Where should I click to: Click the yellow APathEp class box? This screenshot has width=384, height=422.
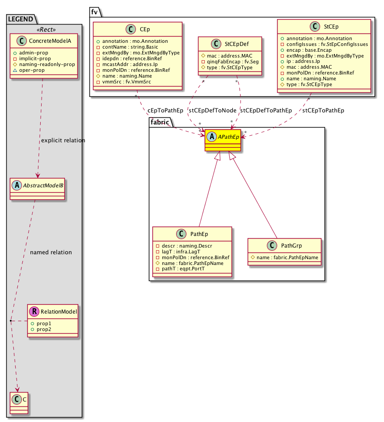pyautogui.click(x=223, y=140)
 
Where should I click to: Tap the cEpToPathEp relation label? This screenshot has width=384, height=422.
pyautogui.click(x=165, y=111)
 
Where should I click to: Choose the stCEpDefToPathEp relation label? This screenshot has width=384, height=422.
pyautogui.click(x=266, y=111)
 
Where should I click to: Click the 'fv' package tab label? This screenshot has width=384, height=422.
pyautogui.click(x=94, y=12)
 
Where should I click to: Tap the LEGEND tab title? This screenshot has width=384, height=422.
pyautogui.click(x=21, y=18)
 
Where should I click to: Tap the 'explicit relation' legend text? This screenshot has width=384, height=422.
pyautogui.click(x=63, y=141)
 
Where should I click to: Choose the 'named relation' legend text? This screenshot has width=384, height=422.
pyautogui.click(x=51, y=252)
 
